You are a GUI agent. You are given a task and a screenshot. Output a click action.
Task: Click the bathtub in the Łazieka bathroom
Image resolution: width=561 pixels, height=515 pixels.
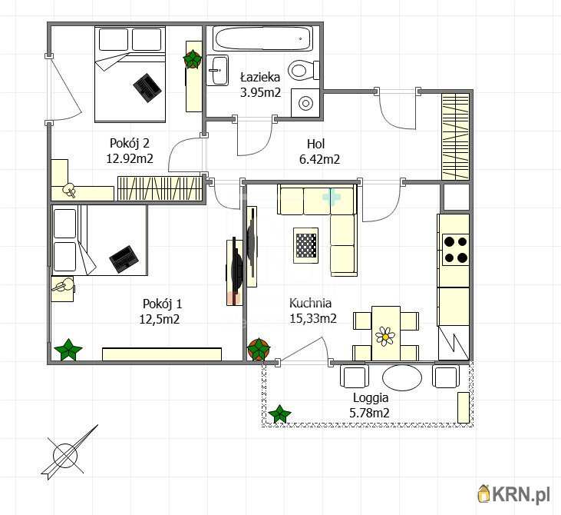click(263, 38)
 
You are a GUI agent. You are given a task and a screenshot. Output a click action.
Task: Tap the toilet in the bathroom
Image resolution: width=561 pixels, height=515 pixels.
click(303, 70)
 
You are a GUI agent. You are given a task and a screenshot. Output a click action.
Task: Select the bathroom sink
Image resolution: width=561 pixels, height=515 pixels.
click(217, 70)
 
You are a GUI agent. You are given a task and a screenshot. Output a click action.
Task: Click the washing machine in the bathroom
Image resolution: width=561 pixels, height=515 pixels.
click(305, 102)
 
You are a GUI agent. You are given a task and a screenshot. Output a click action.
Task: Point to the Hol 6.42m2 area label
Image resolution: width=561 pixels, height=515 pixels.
click(319, 151)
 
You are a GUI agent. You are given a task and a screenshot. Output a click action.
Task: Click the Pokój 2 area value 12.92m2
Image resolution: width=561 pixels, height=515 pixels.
click(130, 158)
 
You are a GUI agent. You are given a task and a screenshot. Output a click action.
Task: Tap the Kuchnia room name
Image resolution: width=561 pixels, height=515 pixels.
click(310, 303)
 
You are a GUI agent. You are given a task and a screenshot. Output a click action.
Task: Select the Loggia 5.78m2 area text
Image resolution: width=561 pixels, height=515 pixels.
click(369, 405)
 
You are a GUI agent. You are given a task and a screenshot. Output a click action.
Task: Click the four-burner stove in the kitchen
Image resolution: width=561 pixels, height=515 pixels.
click(455, 249)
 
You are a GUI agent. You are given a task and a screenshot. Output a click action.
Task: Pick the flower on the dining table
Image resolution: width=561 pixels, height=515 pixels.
click(385, 336)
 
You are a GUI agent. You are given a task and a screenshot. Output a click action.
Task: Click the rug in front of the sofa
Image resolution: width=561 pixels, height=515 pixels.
click(305, 245)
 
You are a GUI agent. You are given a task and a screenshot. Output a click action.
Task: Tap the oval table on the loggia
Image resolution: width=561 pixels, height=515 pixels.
click(402, 377)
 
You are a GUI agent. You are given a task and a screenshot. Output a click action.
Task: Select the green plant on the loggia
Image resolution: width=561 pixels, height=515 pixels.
click(279, 414)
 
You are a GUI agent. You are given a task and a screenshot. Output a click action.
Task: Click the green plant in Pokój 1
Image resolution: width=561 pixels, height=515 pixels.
click(68, 350)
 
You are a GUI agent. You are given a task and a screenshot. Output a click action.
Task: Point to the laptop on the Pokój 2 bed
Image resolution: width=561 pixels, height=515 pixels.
click(146, 88)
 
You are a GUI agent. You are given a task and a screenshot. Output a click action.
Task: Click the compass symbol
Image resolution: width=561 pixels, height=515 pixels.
click(67, 454)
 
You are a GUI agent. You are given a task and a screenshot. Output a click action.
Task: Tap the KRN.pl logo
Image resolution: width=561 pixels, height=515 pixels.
click(513, 494)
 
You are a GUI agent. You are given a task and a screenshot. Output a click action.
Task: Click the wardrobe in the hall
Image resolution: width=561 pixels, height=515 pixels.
click(455, 137)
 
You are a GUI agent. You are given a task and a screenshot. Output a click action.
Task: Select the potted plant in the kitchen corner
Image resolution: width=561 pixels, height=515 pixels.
click(259, 349)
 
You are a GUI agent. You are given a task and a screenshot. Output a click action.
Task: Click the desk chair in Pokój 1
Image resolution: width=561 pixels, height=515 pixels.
click(64, 287)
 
